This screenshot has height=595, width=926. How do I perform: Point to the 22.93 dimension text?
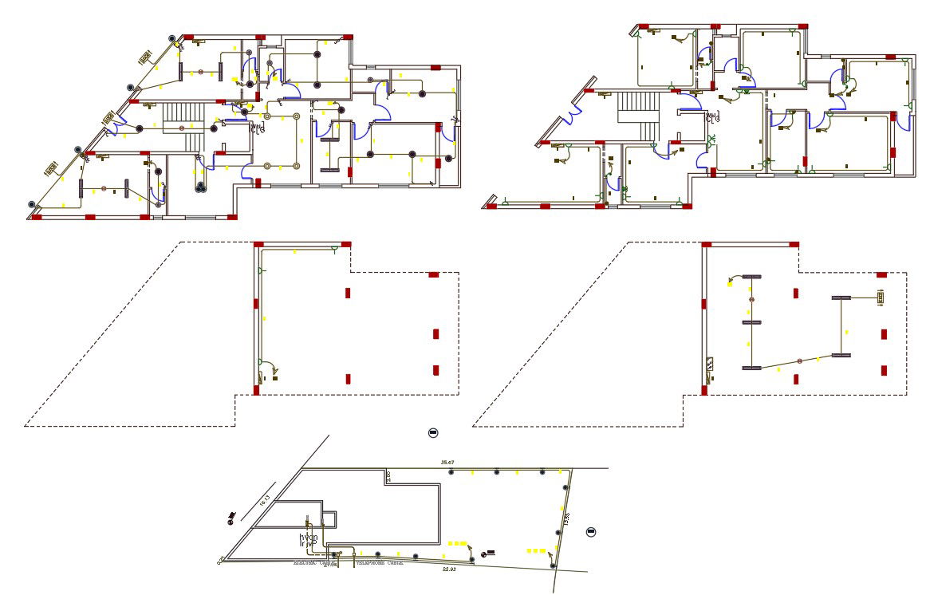pos(449,569)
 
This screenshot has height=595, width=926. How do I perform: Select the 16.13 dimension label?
pos(266,501)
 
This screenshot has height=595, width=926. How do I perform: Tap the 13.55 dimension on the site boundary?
pos(565,519)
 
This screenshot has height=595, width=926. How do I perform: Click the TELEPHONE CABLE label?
pos(378,562)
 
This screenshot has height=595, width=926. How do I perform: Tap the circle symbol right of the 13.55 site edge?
pos(591,532)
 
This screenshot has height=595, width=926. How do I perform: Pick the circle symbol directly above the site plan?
pos(433,432)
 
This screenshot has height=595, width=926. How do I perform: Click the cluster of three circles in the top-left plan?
pos(199,187)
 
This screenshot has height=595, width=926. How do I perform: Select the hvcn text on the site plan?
pos(309,538)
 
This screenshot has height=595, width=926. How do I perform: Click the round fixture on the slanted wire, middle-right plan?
pos(798,361)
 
